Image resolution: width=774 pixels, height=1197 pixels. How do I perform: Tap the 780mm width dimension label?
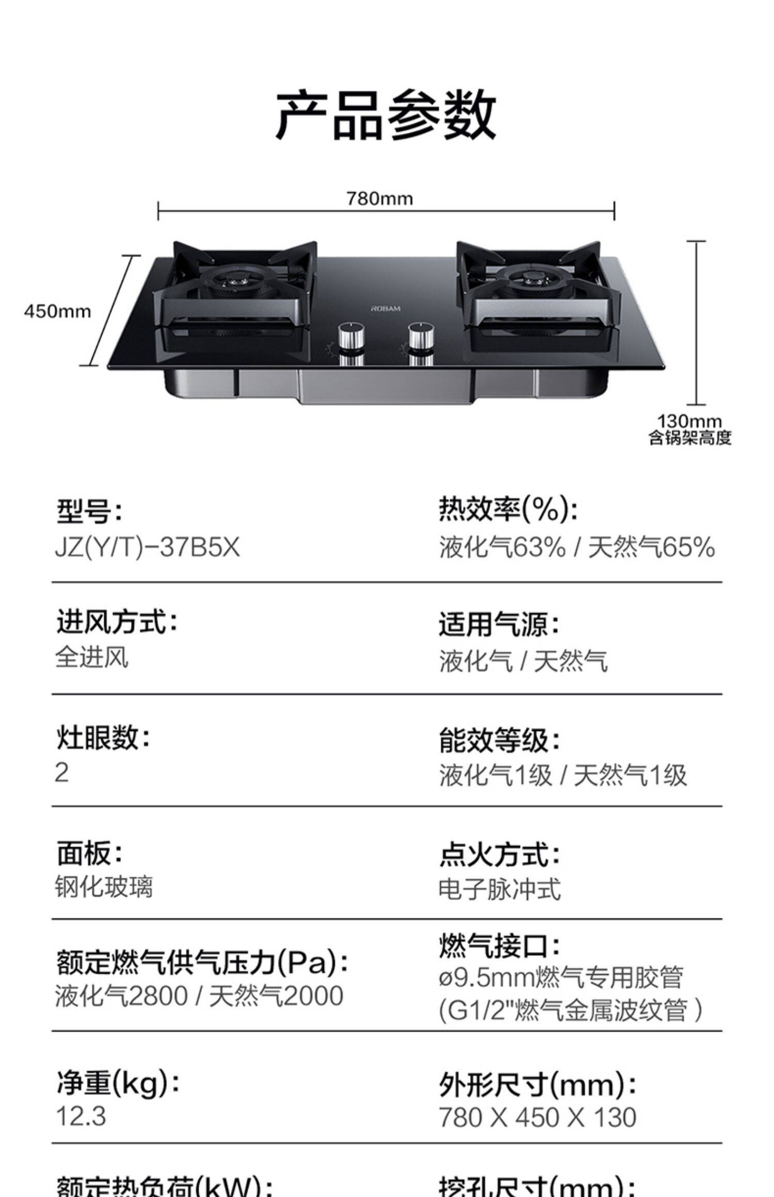379,198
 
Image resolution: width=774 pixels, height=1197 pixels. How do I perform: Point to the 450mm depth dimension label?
57,311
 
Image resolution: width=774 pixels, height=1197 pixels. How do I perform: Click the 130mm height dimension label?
689,421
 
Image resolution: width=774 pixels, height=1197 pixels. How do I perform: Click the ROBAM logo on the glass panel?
385,308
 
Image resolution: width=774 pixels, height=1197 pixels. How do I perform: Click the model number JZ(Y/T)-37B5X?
148,547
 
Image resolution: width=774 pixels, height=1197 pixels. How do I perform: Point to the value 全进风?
92,658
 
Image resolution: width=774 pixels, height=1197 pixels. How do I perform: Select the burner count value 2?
61,772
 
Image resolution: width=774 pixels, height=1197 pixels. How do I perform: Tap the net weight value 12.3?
81,1116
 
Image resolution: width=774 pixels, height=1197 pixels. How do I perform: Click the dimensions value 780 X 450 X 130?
537,1117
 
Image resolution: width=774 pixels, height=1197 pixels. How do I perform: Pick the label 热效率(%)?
508,509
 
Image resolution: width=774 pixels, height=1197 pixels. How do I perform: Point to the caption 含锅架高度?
690,438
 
